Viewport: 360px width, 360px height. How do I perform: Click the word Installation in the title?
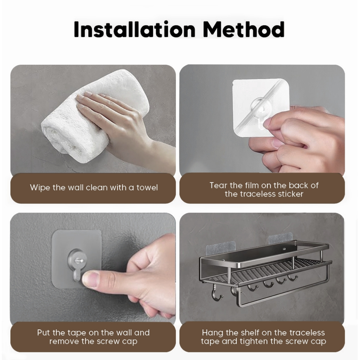(x=135, y=29)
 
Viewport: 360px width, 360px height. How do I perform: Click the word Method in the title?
(x=244, y=29)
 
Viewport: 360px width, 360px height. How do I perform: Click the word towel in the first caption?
(x=147, y=188)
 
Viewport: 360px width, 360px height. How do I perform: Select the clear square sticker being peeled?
(x=261, y=107)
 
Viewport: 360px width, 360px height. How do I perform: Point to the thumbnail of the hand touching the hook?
(x=90, y=279)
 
